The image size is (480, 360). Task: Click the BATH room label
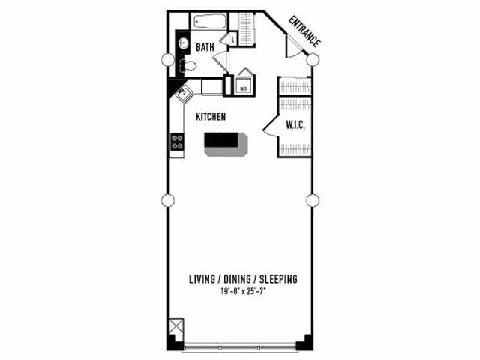coord(205,47)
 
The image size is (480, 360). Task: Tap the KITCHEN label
coord(211,117)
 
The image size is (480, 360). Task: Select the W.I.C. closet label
coord(294,125)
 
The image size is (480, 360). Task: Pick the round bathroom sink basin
coord(182,43)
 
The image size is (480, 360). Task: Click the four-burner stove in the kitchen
coord(177,142)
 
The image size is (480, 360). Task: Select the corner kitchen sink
coord(182,94)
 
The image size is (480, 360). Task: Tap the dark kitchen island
coord(226,141)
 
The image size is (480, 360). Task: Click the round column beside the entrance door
coord(313,59)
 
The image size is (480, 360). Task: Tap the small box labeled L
coord(232,39)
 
